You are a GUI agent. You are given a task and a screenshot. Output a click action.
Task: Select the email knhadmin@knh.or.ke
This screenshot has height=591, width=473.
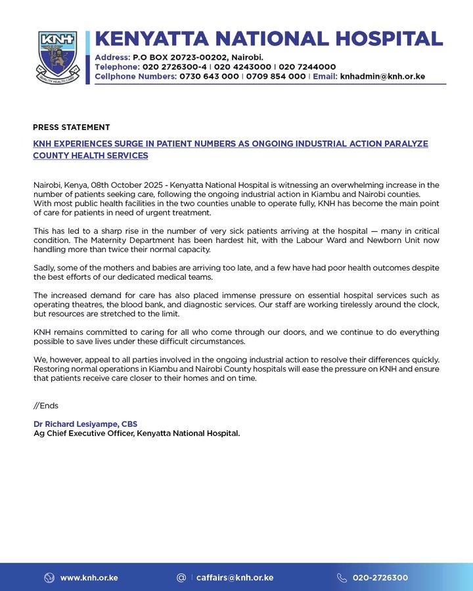point(382,76)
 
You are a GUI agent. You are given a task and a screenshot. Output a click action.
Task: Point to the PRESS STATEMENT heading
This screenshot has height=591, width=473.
point(71,127)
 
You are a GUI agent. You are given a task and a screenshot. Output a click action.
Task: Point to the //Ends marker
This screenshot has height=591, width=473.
point(45,406)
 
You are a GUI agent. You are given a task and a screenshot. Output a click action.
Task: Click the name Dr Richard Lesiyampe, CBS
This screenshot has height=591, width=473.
point(85,424)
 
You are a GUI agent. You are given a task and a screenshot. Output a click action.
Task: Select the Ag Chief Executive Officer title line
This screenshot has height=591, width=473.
point(137,433)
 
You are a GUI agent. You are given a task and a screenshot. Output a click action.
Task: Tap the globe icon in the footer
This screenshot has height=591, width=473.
point(49,578)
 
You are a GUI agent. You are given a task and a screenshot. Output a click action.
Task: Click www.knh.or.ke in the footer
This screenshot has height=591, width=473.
point(89,578)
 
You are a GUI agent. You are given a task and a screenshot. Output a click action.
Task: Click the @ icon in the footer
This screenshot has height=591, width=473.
point(181,578)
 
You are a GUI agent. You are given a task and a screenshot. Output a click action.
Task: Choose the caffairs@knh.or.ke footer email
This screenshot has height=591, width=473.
point(235,578)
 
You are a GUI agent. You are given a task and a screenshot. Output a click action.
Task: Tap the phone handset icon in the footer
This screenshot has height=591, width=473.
point(342,578)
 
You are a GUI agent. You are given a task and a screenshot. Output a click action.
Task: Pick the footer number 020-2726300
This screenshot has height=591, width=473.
point(380,578)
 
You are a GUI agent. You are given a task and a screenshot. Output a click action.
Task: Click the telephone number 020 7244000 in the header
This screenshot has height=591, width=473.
point(307,67)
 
